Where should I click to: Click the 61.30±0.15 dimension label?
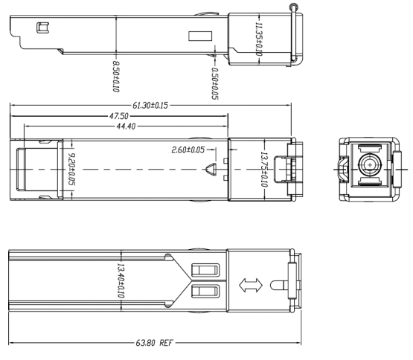(150, 106)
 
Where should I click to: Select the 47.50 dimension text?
(119, 116)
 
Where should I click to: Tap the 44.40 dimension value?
(126, 126)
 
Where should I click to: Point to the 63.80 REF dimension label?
(154, 343)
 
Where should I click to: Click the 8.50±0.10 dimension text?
(116, 77)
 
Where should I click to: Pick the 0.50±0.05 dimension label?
(215, 84)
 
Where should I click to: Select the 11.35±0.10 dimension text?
(259, 39)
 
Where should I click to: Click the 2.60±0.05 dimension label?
(188, 150)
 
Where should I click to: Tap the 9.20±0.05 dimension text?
(71, 170)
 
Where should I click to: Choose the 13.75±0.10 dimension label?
(264, 170)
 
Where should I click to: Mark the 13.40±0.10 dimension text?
(121, 280)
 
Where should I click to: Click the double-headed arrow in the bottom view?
(251, 285)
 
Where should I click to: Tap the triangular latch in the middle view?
(211, 170)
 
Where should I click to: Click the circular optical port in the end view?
(370, 165)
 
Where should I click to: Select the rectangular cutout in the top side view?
(200, 36)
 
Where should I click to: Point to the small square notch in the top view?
(42, 28)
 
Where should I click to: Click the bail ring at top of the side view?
(293, 7)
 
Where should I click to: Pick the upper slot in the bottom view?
(205, 270)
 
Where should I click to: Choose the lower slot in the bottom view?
(205, 292)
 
